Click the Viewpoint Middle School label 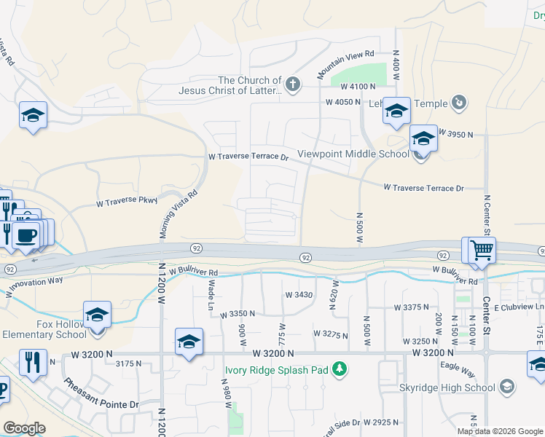[x=353, y=154]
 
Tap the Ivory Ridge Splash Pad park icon [x=339, y=370]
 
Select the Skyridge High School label [x=447, y=387]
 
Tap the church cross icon [x=293, y=84]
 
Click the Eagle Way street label [x=461, y=370]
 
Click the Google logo [x=25, y=428]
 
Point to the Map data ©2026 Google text [x=500, y=431]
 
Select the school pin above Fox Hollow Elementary [x=98, y=316]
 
